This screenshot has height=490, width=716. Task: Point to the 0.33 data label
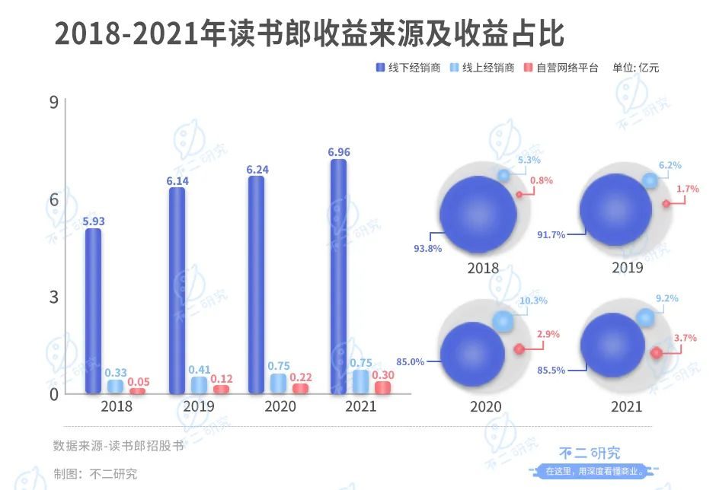pyautogui.click(x=116, y=373)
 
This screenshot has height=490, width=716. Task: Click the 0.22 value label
pyautogui.click(x=302, y=378)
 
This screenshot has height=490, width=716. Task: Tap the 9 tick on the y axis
pyautogui.click(x=54, y=102)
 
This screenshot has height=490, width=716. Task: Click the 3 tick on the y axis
pyautogui.click(x=54, y=297)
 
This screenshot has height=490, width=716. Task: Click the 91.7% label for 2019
pyautogui.click(x=551, y=235)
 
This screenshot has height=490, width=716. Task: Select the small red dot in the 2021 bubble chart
pyautogui.click(x=656, y=353)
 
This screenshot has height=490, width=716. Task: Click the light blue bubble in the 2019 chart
pyautogui.click(x=649, y=181)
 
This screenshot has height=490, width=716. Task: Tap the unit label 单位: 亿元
pyautogui.click(x=636, y=68)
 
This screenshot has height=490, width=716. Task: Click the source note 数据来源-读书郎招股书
pyautogui.click(x=118, y=446)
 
